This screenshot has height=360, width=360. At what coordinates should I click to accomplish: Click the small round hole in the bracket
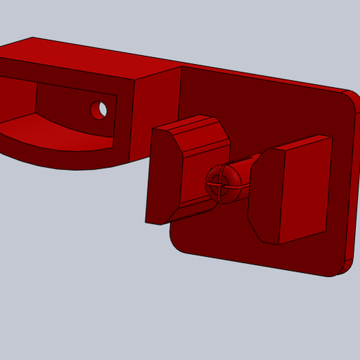[x=99, y=110]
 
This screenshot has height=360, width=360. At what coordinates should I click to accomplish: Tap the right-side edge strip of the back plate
[x=352, y=181]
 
